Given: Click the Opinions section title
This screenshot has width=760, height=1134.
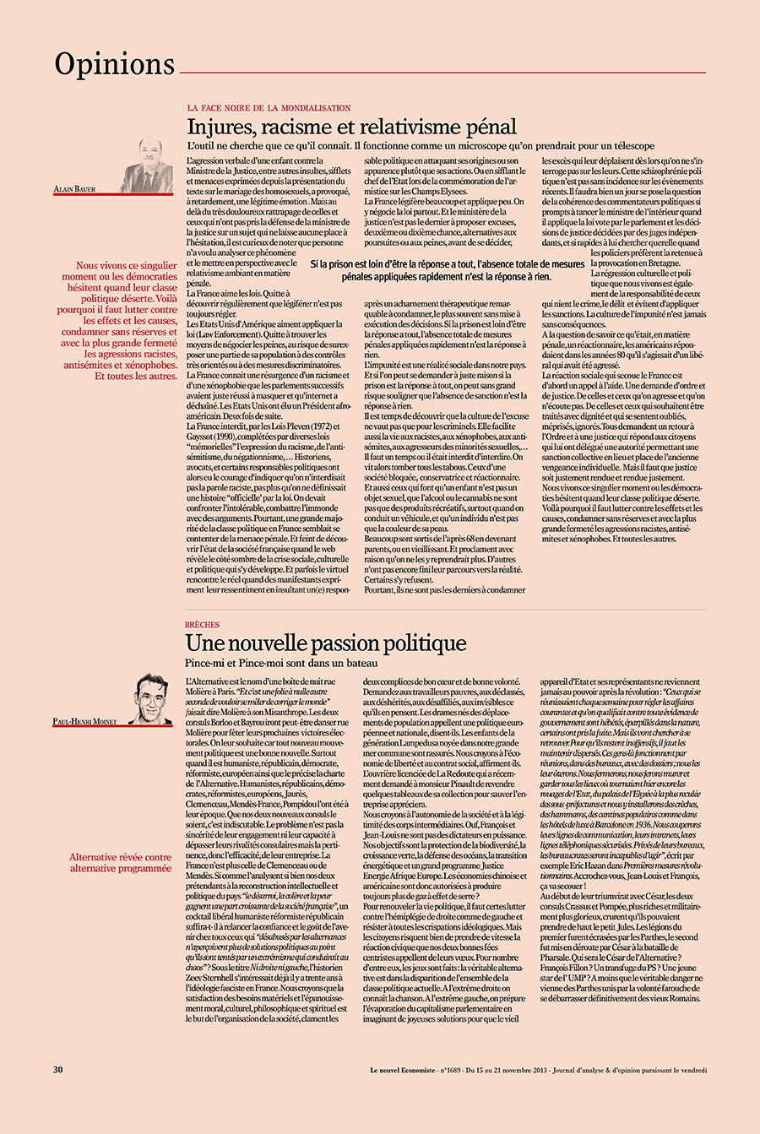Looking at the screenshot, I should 114,64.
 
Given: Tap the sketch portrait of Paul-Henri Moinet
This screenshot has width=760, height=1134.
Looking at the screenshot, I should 151,698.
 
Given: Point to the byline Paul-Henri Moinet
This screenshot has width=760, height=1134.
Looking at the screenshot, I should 84,722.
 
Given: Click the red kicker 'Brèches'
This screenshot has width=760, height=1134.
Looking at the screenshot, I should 202,625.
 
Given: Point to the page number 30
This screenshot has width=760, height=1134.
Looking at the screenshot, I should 58,1069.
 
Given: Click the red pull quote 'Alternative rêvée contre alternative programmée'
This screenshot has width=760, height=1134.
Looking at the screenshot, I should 120,862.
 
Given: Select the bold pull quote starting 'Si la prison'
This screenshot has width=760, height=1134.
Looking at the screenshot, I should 447,270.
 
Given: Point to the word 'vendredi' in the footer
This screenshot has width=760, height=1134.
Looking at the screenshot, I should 690,1070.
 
